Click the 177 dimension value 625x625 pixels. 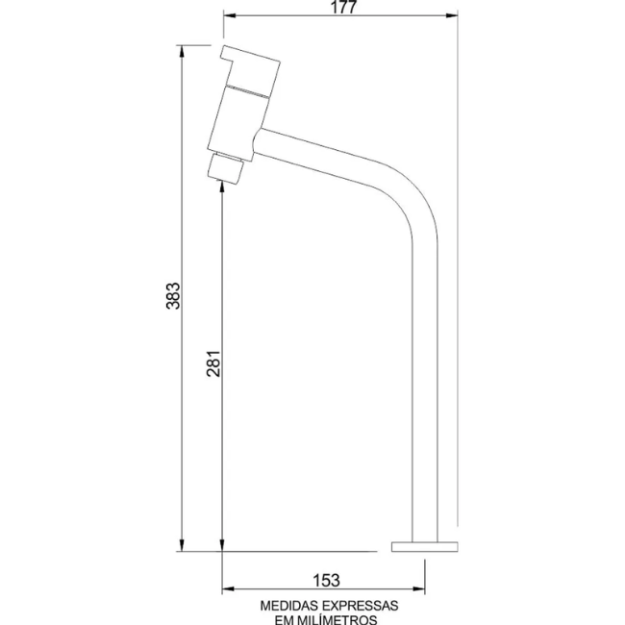pos(343,7)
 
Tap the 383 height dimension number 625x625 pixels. pos(173,296)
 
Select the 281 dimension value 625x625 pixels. pos(213,363)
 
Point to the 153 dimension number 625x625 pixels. pos(326,581)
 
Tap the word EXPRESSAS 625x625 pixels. pos(361,606)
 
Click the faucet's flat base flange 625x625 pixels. pos(424,546)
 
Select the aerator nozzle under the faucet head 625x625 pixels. pos(226,168)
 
